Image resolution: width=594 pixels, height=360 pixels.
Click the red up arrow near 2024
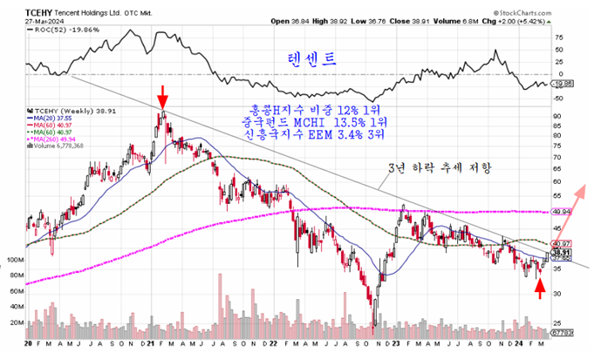click(540, 289)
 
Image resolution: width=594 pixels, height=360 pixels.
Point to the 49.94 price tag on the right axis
click(561, 211)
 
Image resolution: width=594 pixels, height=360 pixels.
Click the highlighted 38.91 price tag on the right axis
click(562, 251)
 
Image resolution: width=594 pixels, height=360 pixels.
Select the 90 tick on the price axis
click(557, 115)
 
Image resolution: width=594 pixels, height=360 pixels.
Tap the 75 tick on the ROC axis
click(557, 37)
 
